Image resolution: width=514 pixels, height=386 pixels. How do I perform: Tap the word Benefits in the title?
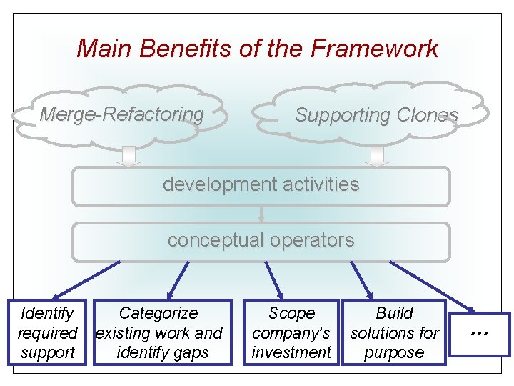[x=182, y=49]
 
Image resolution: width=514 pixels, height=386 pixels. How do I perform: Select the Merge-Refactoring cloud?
[x=121, y=114]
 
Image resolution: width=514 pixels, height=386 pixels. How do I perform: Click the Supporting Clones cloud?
[x=376, y=114]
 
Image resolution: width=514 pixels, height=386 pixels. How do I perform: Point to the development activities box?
[x=261, y=185]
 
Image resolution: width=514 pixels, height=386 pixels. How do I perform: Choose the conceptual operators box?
[x=261, y=241]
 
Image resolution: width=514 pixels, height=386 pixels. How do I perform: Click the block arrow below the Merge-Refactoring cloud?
[x=129, y=155]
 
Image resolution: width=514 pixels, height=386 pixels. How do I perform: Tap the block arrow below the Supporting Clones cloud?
[x=378, y=155]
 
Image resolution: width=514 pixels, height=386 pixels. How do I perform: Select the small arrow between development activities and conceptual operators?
[x=261, y=214]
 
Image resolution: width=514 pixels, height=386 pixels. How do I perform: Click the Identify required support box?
[x=47, y=332]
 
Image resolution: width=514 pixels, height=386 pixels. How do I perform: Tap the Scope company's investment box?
[x=291, y=332]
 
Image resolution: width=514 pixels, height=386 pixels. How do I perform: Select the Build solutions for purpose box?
[x=394, y=332]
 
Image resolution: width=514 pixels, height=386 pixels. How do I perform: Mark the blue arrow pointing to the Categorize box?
[x=178, y=279]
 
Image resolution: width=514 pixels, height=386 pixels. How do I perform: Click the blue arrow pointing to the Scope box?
[x=273, y=279]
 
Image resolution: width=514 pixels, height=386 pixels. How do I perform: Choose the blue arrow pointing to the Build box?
[x=361, y=279]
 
